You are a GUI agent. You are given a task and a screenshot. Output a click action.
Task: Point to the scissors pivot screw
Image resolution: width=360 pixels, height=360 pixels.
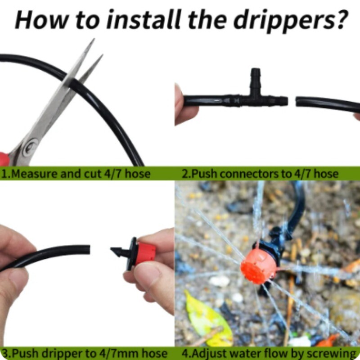point(31,147)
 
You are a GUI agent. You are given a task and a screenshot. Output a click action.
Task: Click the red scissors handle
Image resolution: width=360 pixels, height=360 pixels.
point(4,158)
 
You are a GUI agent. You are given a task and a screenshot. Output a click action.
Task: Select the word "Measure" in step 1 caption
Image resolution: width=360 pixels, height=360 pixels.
point(34,174)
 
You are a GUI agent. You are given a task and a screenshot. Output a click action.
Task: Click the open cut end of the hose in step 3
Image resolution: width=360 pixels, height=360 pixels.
point(88,250)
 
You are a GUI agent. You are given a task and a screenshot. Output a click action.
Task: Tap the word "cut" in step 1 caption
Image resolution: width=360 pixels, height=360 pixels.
point(93,174)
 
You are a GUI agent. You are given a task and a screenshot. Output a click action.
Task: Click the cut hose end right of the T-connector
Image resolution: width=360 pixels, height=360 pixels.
point(297,102)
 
